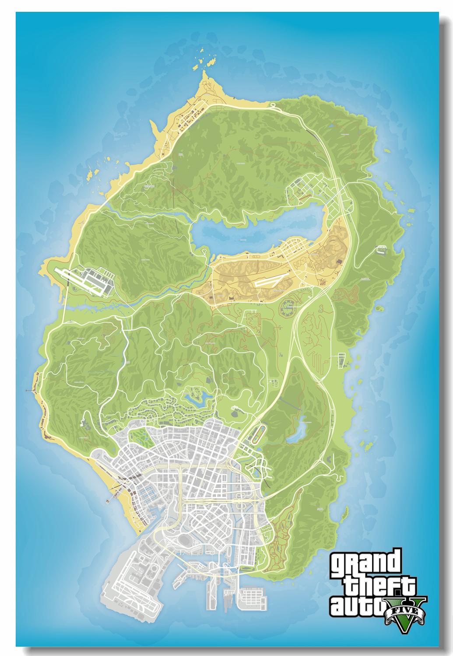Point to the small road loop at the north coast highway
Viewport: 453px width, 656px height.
tap(273, 105)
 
